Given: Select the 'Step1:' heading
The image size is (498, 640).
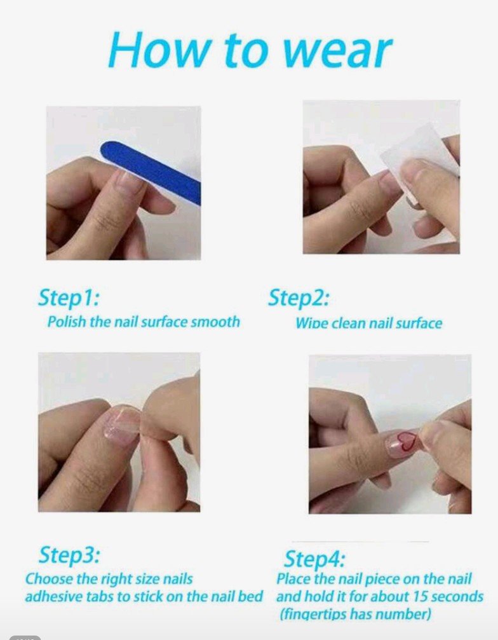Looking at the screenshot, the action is point(68,298).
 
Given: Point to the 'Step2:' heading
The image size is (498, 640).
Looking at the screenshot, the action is point(299,297).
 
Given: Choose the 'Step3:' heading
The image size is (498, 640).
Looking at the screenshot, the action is point(69,555).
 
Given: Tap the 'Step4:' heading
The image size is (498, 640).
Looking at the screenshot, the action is point(314,559).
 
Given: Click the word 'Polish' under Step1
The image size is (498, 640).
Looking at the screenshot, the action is point(67,322).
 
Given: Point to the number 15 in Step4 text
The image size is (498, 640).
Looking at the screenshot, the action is point(420,596).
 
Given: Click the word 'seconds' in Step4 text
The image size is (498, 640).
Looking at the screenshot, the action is point(457,596).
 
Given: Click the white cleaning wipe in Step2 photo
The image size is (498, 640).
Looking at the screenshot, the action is point(420,163).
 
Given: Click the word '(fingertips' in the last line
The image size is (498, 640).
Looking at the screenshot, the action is point(313,615).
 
